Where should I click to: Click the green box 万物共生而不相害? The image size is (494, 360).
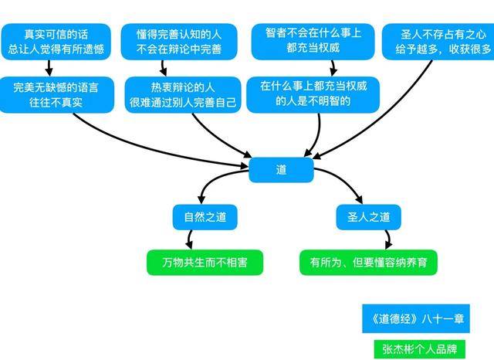(x=205, y=263)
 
